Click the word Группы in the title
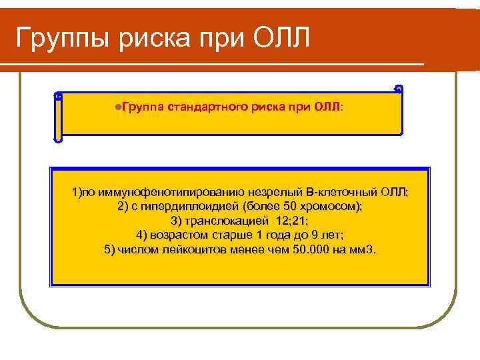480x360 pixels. click(x=63, y=39)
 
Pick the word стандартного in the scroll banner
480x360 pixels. click(x=207, y=106)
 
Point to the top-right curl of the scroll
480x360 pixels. click(x=399, y=89)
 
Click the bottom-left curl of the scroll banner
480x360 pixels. click(x=58, y=139)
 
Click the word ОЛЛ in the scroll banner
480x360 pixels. click(x=327, y=106)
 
